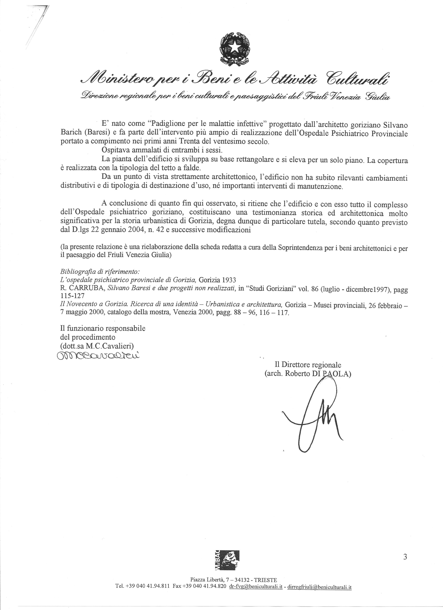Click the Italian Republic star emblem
pyautogui.click(x=234, y=48)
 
